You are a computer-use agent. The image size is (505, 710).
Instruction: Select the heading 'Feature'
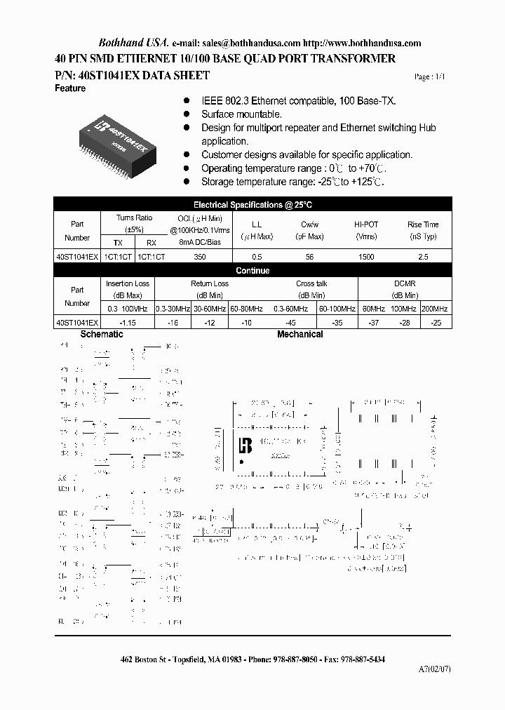(69, 89)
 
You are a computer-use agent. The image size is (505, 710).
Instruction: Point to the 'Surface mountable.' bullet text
(241, 114)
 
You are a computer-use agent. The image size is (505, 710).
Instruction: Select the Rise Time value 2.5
(423, 257)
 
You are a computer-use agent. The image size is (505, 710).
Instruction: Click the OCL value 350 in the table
(199, 257)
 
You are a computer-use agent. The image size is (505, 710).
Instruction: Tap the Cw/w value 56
(309, 257)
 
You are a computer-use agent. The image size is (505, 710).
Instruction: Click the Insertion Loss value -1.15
(127, 322)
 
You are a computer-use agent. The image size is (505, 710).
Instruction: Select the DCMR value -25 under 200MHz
(436, 322)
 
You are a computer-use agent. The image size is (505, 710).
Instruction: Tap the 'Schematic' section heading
(102, 335)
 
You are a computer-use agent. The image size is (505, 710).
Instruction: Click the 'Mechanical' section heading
(299, 335)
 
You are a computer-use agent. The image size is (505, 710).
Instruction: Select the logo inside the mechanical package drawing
(245, 446)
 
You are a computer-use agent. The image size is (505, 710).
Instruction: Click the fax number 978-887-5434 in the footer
(361, 660)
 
